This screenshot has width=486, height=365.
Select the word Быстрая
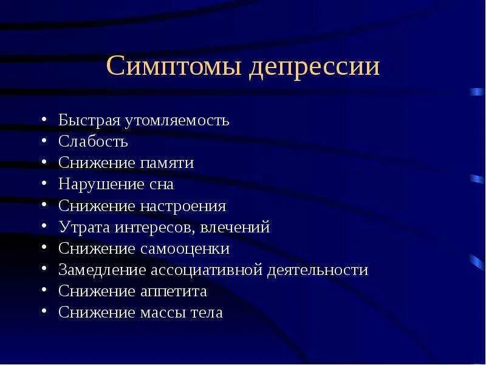tap(89, 120)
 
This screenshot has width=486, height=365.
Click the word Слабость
tap(93, 142)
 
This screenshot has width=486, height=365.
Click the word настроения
tap(187, 206)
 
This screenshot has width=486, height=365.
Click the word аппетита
tap(177, 291)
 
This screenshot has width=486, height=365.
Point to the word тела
tap(209, 313)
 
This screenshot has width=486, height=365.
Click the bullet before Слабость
tap(46, 142)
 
